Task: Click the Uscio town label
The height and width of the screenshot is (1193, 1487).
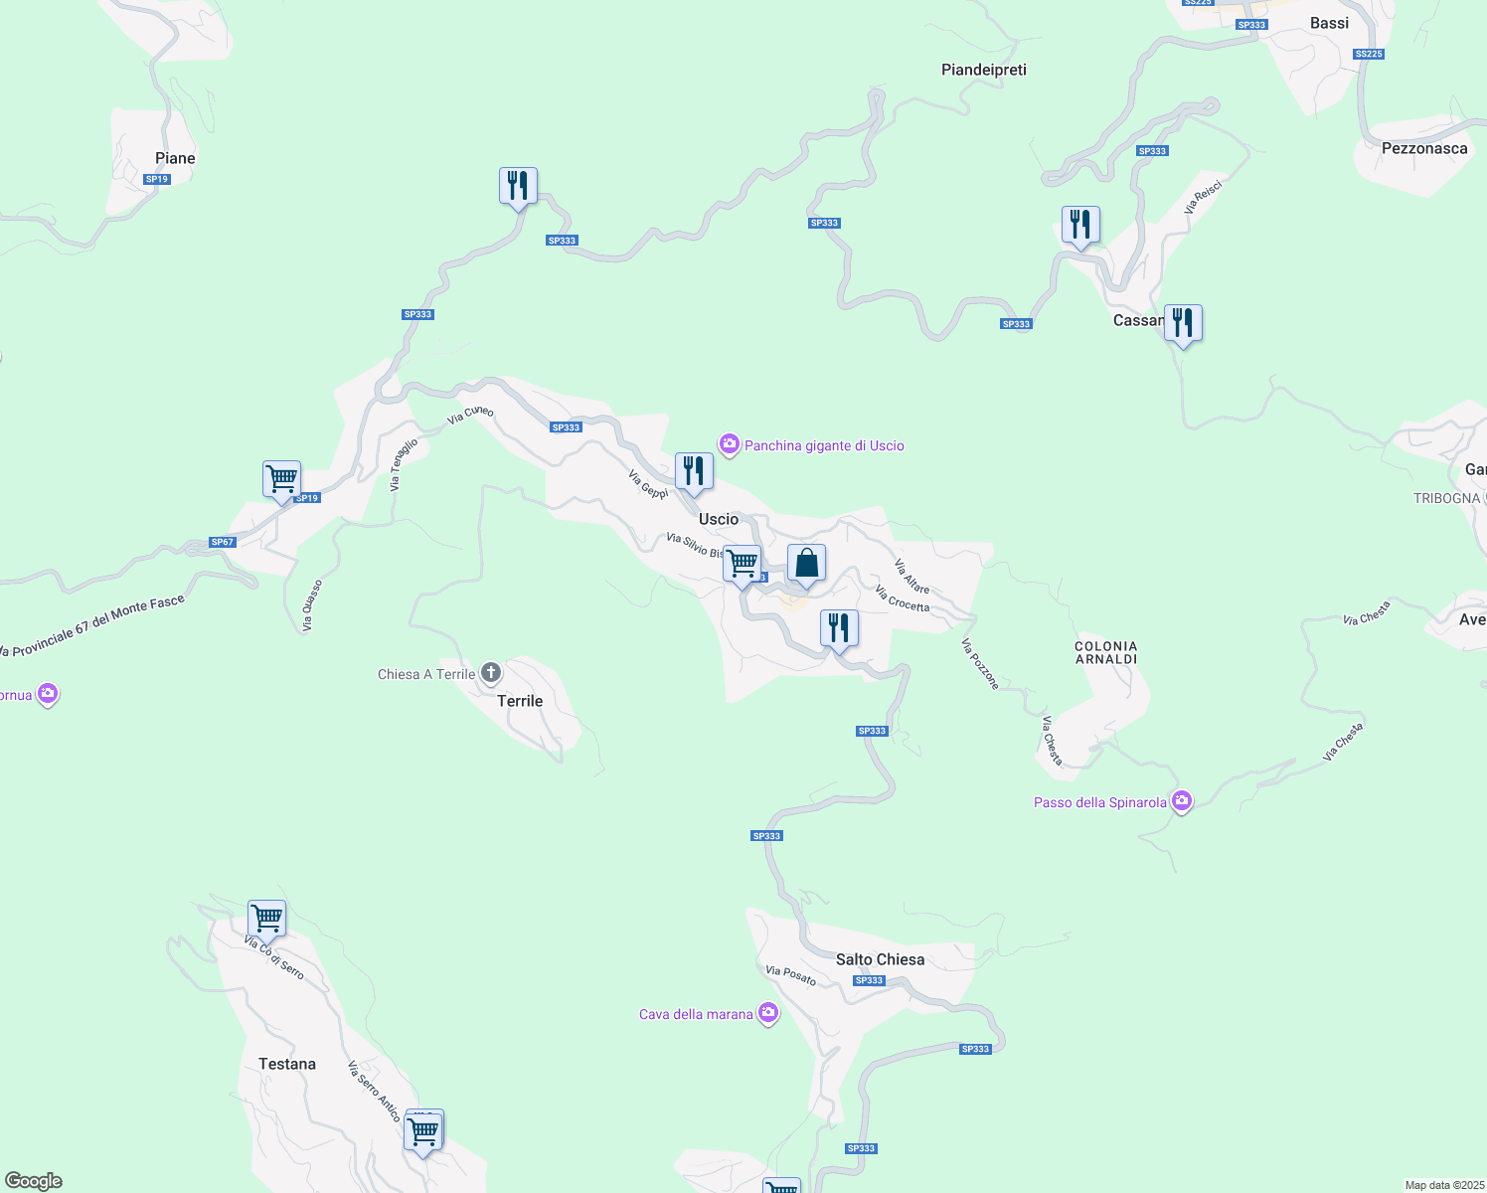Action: [x=719, y=519]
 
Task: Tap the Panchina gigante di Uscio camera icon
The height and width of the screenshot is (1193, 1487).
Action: [x=730, y=444]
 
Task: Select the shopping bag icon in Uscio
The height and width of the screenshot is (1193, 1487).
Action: [x=806, y=564]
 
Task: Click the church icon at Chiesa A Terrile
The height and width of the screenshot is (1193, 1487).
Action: [x=491, y=673]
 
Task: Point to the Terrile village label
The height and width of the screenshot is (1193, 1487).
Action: [x=520, y=701]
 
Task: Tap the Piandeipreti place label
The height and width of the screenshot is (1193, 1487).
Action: [x=984, y=70]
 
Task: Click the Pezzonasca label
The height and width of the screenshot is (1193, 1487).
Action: [x=1424, y=148]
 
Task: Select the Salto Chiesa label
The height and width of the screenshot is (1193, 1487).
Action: [x=880, y=959]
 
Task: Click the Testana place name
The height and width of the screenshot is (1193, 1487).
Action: [x=287, y=1064]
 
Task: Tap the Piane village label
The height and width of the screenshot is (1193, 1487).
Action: [x=175, y=158]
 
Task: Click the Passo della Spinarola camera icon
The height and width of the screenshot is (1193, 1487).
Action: [x=1182, y=801]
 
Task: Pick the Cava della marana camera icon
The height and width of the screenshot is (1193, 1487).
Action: [x=767, y=1013]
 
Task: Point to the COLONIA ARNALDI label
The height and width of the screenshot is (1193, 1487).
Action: [x=1106, y=652]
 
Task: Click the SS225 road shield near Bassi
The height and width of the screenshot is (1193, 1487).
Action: [x=1369, y=54]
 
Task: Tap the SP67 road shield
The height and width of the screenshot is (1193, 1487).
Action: [x=223, y=542]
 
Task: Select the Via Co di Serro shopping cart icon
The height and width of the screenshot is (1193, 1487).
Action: [x=266, y=919]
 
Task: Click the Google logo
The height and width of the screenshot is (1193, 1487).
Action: [x=34, y=1181]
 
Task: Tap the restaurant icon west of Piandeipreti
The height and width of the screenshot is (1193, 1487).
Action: [x=518, y=186]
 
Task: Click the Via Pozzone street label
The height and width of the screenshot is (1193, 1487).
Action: [x=979, y=664]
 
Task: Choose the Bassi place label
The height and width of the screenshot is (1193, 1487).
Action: [x=1329, y=23]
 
